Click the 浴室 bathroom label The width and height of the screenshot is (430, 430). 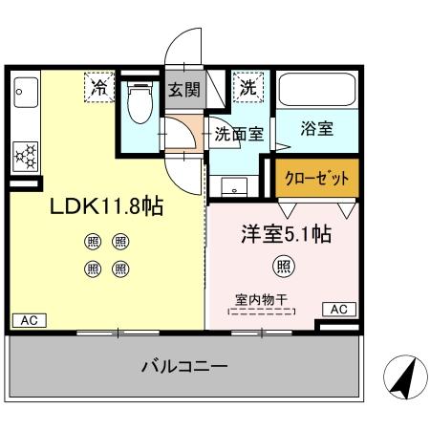(316, 130)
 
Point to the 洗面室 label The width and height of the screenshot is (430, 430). (238, 135)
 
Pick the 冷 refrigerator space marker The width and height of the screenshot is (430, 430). (99, 88)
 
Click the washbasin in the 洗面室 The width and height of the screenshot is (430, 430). (240, 183)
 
